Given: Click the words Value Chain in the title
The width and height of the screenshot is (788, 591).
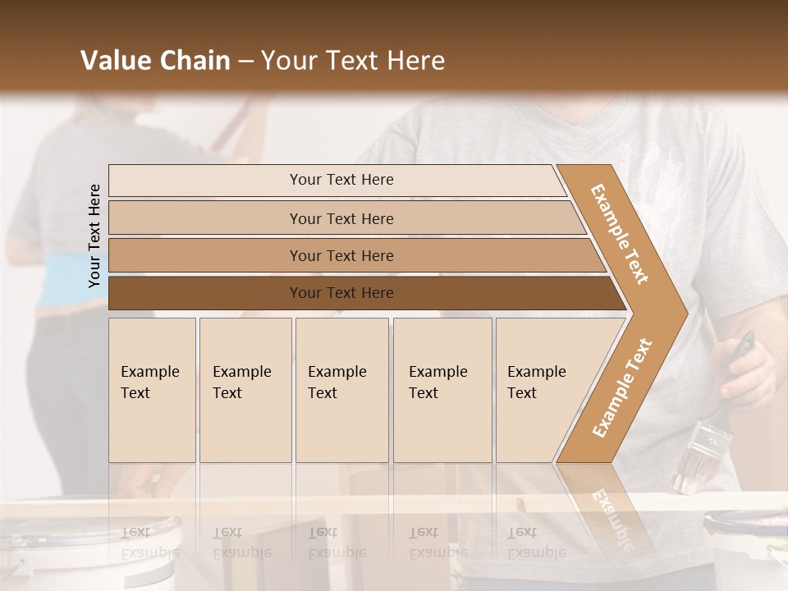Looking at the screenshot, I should (x=155, y=61).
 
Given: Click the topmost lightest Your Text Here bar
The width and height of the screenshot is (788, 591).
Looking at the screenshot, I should (x=341, y=180).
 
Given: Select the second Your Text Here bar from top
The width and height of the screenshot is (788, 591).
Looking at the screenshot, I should (x=341, y=218).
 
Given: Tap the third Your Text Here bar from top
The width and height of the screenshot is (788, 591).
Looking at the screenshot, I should (x=341, y=255).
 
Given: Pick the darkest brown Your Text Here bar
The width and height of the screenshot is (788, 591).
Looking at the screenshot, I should (x=341, y=293).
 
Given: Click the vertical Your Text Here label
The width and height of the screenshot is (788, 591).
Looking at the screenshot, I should (x=94, y=236).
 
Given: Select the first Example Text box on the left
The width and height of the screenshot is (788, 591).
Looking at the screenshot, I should (x=152, y=390).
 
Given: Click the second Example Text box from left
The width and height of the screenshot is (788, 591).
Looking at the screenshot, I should (x=245, y=390).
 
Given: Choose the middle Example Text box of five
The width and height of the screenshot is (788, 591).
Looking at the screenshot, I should (x=341, y=390).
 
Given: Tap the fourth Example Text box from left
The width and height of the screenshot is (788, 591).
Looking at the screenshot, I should (x=442, y=390).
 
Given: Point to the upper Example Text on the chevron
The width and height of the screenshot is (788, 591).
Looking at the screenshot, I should (x=620, y=234).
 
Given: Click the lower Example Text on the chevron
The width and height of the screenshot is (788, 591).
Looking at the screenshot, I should (x=621, y=387).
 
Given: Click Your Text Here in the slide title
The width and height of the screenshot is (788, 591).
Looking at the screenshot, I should (x=353, y=61).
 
